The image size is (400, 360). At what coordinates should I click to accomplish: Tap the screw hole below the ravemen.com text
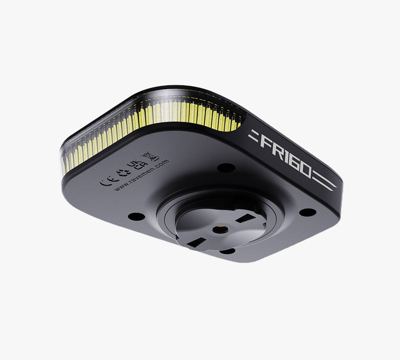click(x=136, y=216)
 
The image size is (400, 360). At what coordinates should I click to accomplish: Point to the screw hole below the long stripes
click(x=308, y=212)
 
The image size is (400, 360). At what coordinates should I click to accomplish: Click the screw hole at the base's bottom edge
click(x=227, y=251)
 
